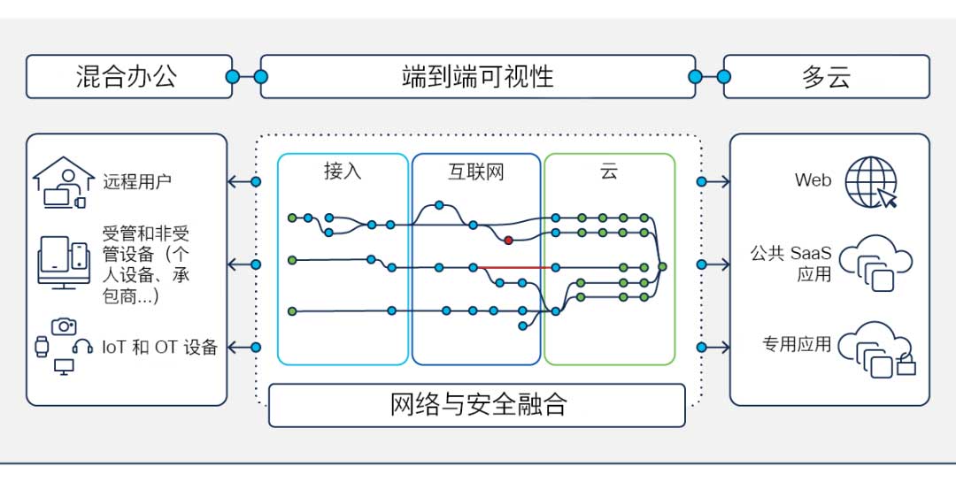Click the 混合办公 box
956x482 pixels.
pos(128,77)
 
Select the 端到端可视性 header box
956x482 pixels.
pos(477,77)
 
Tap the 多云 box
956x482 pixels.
pos(826,77)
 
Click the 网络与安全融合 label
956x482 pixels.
pos(477,405)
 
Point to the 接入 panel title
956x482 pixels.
pos(343,172)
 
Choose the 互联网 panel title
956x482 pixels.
pos(475,172)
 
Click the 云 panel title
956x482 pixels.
pos(609,172)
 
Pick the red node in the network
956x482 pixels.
pos(508,240)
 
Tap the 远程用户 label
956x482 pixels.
pos(137,182)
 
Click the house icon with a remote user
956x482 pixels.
pos(62,182)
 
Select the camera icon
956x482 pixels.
pos(64,326)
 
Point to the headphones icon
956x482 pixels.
pos(83,347)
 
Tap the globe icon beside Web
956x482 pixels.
pos(871,182)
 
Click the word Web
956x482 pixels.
pos(813,180)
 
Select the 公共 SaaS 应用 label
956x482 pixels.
pos(791,264)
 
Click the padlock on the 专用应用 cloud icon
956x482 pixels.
pos(906,365)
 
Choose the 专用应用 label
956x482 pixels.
pos(797,344)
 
